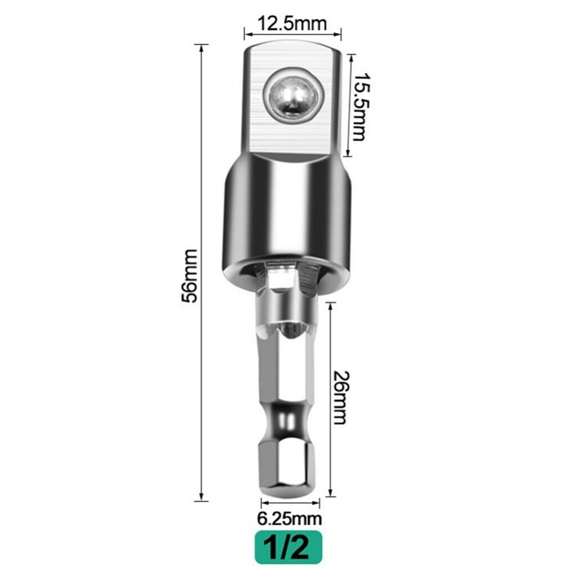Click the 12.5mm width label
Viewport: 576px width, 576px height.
292,24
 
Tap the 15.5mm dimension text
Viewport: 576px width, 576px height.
359,107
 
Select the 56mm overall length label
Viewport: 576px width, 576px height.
190,276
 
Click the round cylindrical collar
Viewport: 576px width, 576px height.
285,214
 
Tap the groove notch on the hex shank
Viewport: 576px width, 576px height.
285,421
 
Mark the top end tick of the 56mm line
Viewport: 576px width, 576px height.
201,45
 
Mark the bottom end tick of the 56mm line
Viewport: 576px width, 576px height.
201,499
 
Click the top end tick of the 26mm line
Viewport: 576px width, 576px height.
330,303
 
